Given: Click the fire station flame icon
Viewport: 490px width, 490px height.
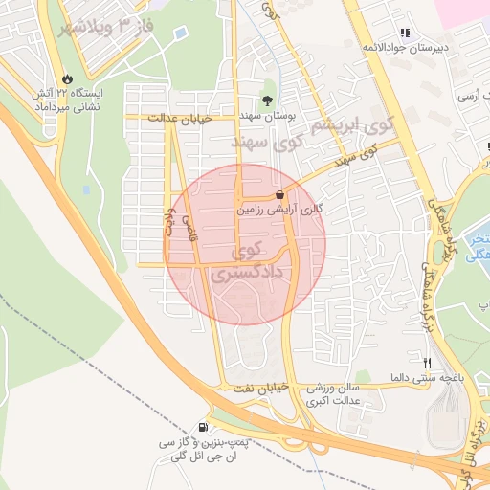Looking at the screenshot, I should (x=67, y=79).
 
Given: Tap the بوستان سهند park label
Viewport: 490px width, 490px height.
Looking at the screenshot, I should (x=268, y=115).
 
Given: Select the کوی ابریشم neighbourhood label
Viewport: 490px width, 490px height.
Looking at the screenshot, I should (x=354, y=124).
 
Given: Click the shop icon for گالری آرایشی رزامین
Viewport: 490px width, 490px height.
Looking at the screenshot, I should (x=278, y=192).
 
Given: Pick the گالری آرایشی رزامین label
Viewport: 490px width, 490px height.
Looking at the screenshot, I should (x=279, y=207).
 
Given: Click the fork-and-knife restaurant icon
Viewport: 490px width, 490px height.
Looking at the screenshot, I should (x=427, y=364).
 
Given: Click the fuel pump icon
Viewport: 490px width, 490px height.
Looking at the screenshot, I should (x=202, y=427).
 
